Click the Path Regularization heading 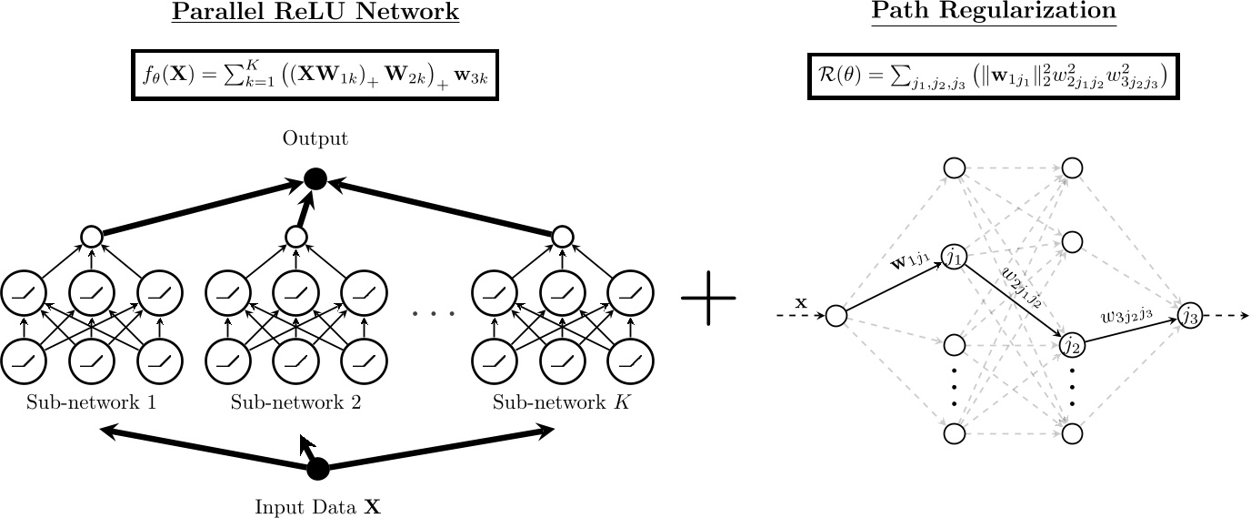pyautogui.click(x=993, y=13)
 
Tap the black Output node pyautogui.click(x=315, y=179)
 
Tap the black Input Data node pyautogui.click(x=317, y=469)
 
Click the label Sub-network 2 pyautogui.click(x=295, y=402)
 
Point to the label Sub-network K pyautogui.click(x=561, y=402)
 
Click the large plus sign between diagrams pyautogui.click(x=708, y=298)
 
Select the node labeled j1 pyautogui.click(x=954, y=259)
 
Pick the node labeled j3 pyautogui.click(x=1190, y=315)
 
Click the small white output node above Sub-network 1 pyautogui.click(x=90, y=237)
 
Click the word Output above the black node pyautogui.click(x=315, y=139)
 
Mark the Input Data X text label pyautogui.click(x=317, y=507)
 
